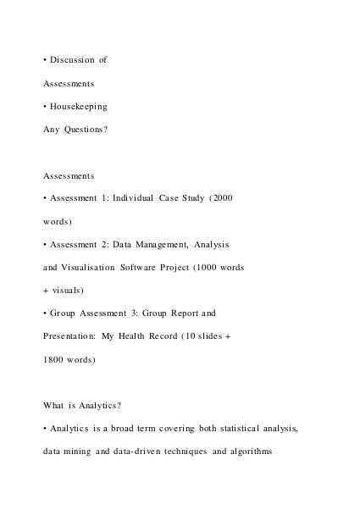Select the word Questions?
[x=86, y=132]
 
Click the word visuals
[x=67, y=291]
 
